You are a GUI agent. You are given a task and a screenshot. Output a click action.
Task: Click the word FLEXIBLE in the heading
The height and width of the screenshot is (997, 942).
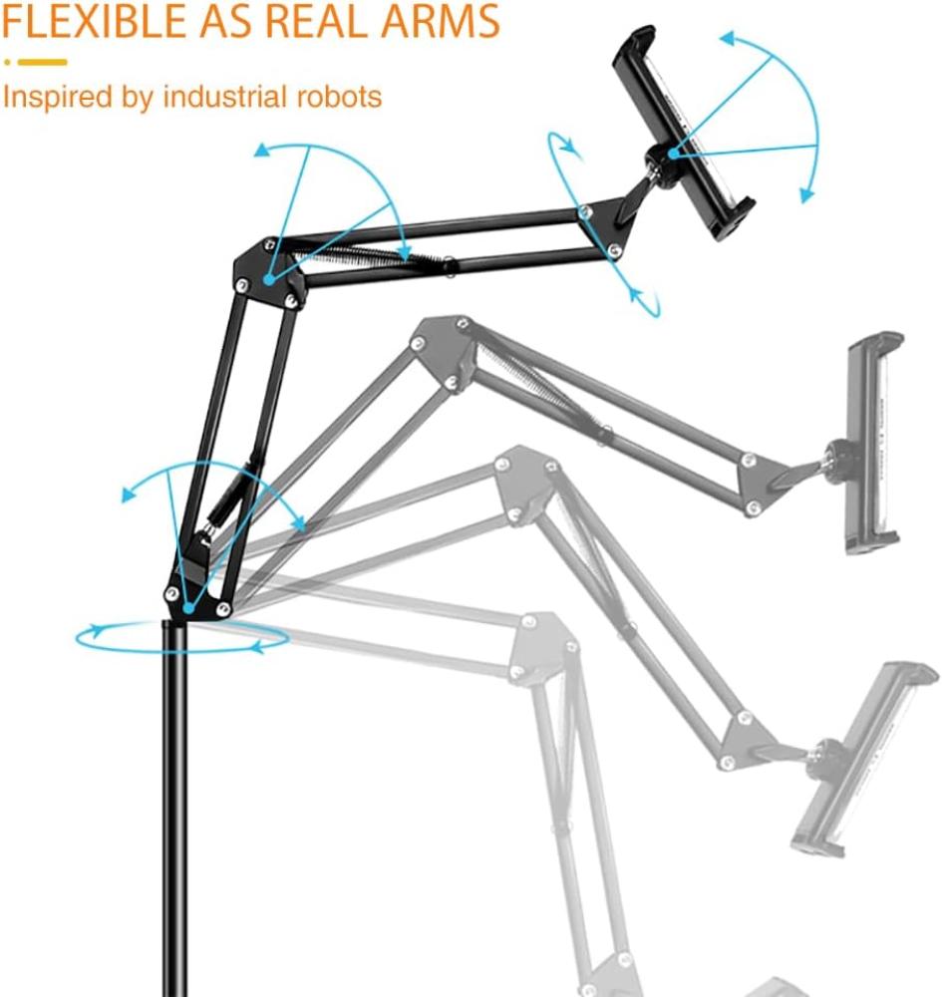click(x=95, y=20)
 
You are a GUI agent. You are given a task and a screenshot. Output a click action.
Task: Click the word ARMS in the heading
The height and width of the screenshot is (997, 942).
click(x=440, y=20)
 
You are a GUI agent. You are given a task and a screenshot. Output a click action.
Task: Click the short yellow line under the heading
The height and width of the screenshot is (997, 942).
click(x=43, y=62)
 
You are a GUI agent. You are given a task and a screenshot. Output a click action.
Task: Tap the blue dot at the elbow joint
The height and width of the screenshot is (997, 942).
click(x=269, y=278)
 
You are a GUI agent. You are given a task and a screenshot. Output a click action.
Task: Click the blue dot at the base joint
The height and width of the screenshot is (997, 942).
click(x=188, y=608)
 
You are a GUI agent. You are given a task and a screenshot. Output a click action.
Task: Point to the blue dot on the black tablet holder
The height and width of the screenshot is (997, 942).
click(x=673, y=153)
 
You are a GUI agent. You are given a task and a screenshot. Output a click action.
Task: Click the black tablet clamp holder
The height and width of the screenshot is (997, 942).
click(x=683, y=133)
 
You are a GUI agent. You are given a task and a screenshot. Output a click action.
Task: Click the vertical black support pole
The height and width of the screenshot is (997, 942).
click(x=174, y=808)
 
